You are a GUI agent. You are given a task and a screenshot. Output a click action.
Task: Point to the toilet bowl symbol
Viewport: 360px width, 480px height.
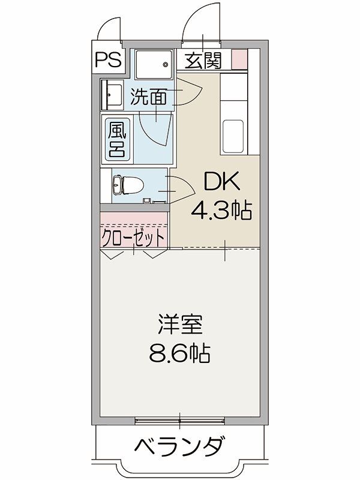pyautogui.click(x=122, y=185)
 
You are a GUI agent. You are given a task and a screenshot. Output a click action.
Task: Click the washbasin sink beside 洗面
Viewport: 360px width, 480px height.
pyautogui.click(x=112, y=94)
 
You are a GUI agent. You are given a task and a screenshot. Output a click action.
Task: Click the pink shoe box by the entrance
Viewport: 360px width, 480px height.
pyautogui.click(x=239, y=59)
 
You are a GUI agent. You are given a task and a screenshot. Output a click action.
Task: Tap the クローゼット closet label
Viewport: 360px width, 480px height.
pyautogui.click(x=133, y=237)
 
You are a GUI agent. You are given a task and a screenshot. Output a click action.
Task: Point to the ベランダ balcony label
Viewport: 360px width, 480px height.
pyautogui.click(x=179, y=447)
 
